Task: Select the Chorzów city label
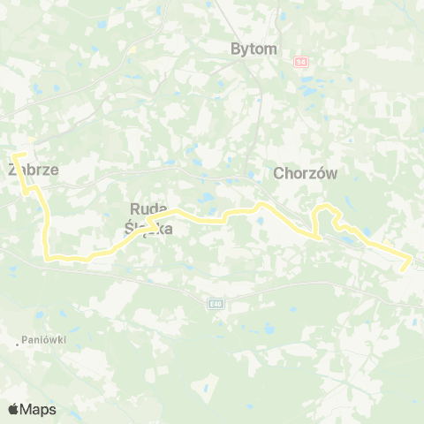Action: [x=307, y=174]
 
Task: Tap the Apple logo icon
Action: [x=14, y=409]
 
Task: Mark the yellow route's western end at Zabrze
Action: [x=13, y=156]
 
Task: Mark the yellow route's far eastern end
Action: [x=410, y=258]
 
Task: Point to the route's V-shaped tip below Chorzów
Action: [x=317, y=237]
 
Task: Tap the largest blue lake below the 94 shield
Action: [x=308, y=88]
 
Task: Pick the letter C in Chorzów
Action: [x=280, y=174]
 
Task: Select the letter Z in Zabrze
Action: [x=11, y=171]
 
